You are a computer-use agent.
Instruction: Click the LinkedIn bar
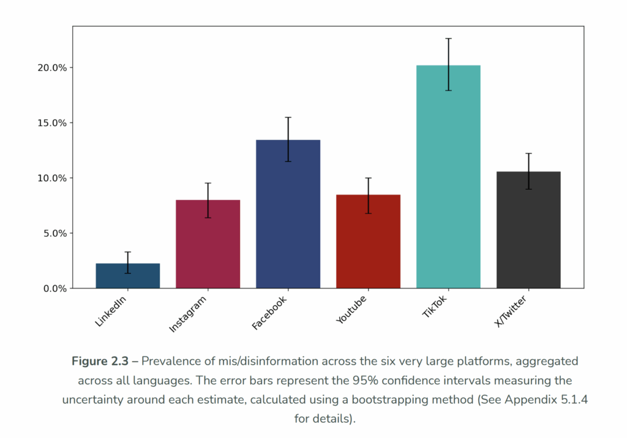pyautogui.click(x=127, y=276)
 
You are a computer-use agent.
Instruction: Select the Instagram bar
pyautogui.click(x=208, y=244)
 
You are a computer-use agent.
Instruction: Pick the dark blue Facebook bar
pyautogui.click(x=288, y=214)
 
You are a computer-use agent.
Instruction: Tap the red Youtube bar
pyautogui.click(x=368, y=242)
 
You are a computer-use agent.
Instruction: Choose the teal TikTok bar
pyautogui.click(x=448, y=177)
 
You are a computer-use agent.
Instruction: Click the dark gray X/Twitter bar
pyautogui.click(x=528, y=230)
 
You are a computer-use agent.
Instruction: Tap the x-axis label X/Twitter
pyautogui.click(x=510, y=311)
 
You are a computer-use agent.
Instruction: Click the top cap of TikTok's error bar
pyautogui.click(x=448, y=39)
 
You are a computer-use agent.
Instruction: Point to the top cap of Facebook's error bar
pyautogui.click(x=288, y=117)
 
